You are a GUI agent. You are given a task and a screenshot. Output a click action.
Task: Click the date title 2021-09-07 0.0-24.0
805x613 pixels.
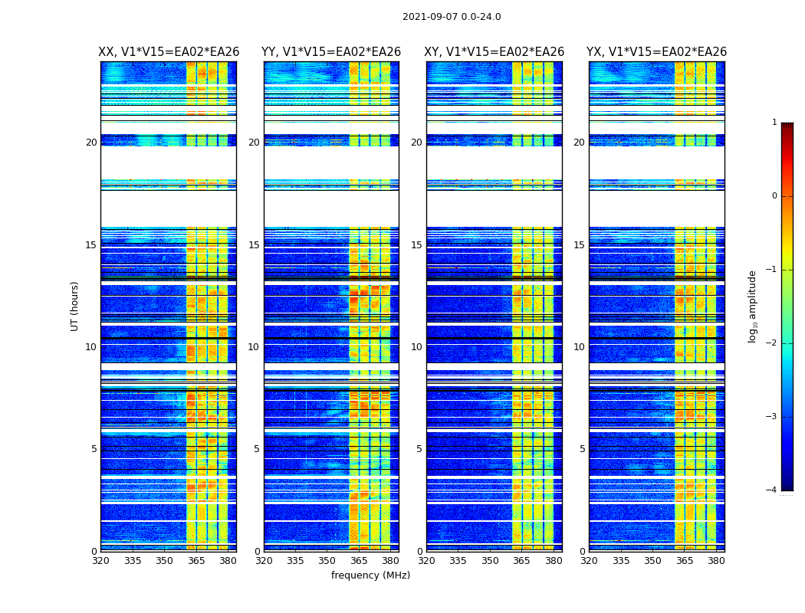pyautogui.click(x=452, y=17)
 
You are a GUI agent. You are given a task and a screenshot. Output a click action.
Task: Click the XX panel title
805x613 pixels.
pyautogui.click(x=169, y=52)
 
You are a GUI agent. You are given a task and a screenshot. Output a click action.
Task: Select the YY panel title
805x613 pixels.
pyautogui.click(x=331, y=52)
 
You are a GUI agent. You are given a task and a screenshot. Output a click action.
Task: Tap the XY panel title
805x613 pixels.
pyautogui.click(x=495, y=52)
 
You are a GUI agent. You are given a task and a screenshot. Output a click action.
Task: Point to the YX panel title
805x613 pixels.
pyautogui.click(x=656, y=52)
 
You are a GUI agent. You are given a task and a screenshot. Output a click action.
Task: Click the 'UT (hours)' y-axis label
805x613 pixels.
pyautogui.click(x=75, y=306)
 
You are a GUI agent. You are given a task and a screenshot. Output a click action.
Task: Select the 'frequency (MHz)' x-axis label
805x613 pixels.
pyautogui.click(x=370, y=575)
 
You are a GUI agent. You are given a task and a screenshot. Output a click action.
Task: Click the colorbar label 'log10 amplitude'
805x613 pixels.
pyautogui.click(x=753, y=306)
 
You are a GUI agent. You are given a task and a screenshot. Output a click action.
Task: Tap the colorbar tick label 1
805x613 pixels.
pyautogui.click(x=774, y=123)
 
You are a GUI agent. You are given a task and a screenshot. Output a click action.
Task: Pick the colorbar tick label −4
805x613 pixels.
pyautogui.click(x=773, y=490)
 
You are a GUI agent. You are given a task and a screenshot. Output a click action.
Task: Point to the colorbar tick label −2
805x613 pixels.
pyautogui.click(x=773, y=343)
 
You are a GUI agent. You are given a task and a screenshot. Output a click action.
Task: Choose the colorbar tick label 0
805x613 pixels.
pyautogui.click(x=774, y=196)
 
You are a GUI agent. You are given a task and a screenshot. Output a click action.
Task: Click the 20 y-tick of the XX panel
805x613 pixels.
pyautogui.click(x=91, y=143)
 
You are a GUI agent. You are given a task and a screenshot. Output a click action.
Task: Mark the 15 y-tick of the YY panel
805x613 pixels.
pyautogui.click(x=254, y=245)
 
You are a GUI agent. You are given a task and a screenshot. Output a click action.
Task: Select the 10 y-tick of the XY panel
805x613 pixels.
pyautogui.click(x=416, y=347)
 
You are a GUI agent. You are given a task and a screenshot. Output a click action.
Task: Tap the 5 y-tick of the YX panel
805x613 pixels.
pyautogui.click(x=582, y=449)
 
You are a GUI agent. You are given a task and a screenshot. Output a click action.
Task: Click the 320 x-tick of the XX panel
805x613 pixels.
pyautogui.click(x=100, y=560)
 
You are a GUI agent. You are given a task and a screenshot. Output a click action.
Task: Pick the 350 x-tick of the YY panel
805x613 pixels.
pyautogui.click(x=327, y=560)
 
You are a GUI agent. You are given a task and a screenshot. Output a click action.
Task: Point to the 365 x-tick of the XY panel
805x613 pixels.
pyautogui.click(x=521, y=560)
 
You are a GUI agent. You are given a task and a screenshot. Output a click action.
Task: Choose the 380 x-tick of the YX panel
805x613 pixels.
pyautogui.click(x=716, y=560)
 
